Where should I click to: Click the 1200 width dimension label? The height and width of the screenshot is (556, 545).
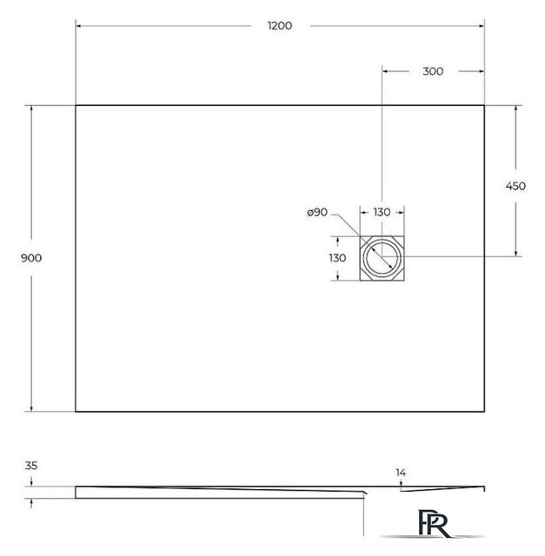(280, 26)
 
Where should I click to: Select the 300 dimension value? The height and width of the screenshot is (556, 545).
(432, 71)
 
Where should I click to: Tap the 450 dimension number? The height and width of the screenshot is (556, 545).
(516, 186)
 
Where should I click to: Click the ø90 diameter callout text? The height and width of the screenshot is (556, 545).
(316, 212)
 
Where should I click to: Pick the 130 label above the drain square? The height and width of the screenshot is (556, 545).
(382, 212)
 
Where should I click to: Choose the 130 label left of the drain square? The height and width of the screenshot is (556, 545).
(337, 258)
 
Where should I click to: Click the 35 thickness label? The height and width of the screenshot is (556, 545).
(31, 466)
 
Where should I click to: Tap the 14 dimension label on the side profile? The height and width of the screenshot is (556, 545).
(401, 473)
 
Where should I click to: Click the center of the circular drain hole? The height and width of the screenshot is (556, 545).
(382, 258)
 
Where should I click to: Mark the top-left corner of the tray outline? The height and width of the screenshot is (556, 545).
(76, 105)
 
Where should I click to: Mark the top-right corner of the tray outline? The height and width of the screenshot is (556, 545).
(484, 105)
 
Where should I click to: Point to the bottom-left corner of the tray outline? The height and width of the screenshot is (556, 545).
(76, 411)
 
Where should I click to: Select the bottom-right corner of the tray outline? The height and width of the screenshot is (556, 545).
(484, 411)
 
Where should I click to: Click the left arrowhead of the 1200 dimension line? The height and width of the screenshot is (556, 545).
(78, 26)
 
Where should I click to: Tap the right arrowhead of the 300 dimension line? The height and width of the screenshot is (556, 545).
(482, 71)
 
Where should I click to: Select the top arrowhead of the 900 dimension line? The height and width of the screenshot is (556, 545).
(32, 108)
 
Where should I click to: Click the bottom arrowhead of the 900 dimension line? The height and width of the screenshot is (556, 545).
(32, 408)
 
